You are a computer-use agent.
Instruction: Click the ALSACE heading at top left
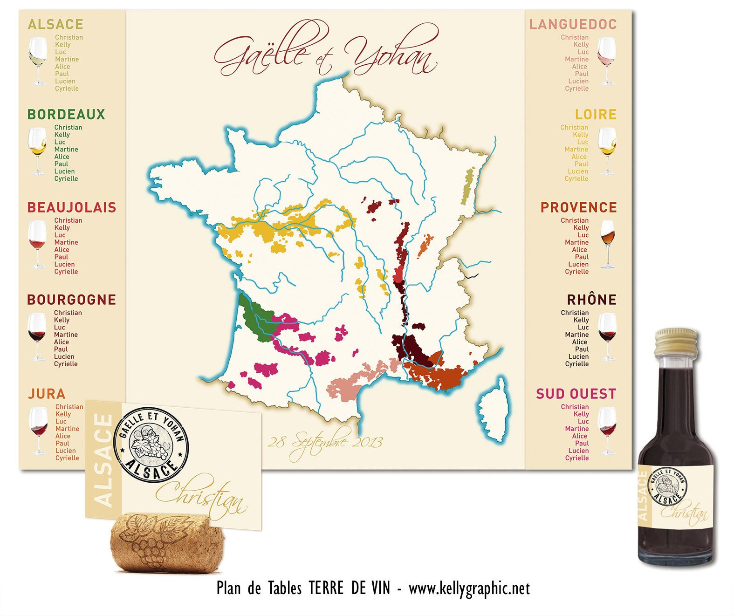click(x=55, y=24)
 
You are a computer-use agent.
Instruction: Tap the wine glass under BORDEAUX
click(x=37, y=150)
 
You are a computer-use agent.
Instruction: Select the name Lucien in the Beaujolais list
click(x=64, y=264)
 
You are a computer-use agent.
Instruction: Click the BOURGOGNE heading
click(x=71, y=300)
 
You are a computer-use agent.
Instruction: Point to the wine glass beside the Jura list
click(x=38, y=430)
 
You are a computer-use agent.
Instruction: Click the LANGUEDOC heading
click(x=573, y=24)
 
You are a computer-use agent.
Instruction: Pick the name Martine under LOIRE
click(x=576, y=149)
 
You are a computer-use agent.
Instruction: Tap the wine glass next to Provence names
click(x=607, y=243)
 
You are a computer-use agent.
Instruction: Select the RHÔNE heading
click(x=591, y=300)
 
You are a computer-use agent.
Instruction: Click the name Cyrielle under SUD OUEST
click(x=576, y=458)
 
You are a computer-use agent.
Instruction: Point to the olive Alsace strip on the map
click(x=467, y=186)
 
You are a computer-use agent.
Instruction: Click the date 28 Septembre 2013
click(x=325, y=442)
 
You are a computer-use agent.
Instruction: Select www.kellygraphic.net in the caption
click(x=469, y=589)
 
